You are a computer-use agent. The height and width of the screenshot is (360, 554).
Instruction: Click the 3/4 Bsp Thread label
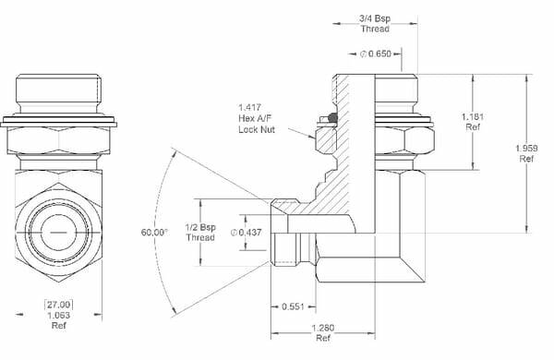(x=375, y=23)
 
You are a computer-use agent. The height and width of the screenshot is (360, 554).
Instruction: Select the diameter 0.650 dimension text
(x=378, y=54)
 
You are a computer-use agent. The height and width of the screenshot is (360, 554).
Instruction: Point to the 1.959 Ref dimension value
(x=527, y=152)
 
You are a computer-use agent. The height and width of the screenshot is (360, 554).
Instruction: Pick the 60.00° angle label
(x=154, y=233)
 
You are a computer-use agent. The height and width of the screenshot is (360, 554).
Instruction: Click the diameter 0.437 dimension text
(x=247, y=233)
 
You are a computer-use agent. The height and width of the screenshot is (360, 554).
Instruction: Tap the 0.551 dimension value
(x=294, y=306)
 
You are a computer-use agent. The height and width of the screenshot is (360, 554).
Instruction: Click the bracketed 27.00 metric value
(x=59, y=304)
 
